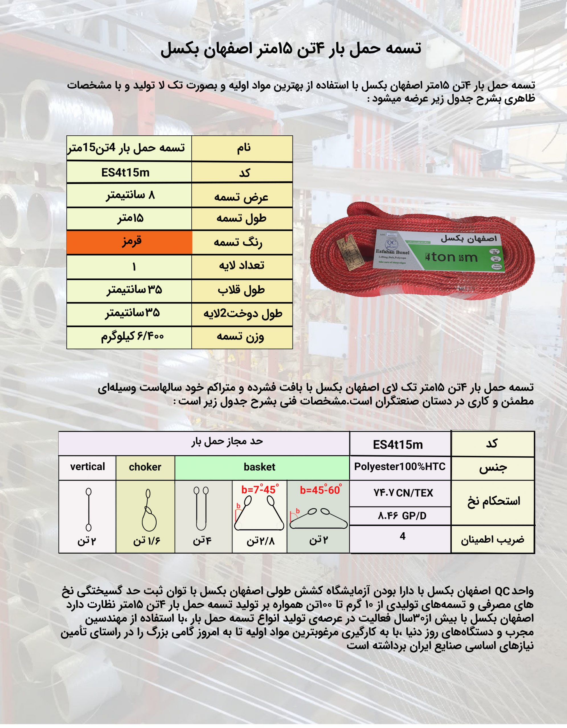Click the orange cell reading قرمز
pos(129,242)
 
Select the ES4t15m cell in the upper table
pos(126,173)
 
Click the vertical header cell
pos(87,467)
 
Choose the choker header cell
pos(145,467)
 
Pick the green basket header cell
pos(260,467)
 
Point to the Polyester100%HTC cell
pos(400,467)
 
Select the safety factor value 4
pos(402,536)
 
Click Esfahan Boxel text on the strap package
pos(392,252)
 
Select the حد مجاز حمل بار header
pos(227,442)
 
